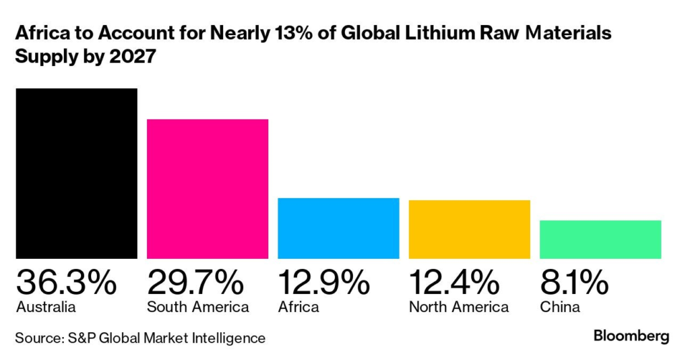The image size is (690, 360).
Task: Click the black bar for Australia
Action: tap(76, 173)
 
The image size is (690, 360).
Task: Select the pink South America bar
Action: tap(208, 188)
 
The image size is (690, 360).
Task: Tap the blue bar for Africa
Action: tap(338, 228)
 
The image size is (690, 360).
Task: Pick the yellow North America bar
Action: tap(469, 229)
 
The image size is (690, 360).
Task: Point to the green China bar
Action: tap(600, 239)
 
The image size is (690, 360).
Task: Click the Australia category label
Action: tap(45, 307)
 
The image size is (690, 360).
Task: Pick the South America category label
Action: tap(197, 307)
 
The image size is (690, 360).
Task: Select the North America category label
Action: tap(458, 307)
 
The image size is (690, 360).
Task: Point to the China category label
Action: tap(560, 307)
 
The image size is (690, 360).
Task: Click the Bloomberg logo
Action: tap(631, 336)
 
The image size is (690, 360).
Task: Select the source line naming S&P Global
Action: tap(140, 337)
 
